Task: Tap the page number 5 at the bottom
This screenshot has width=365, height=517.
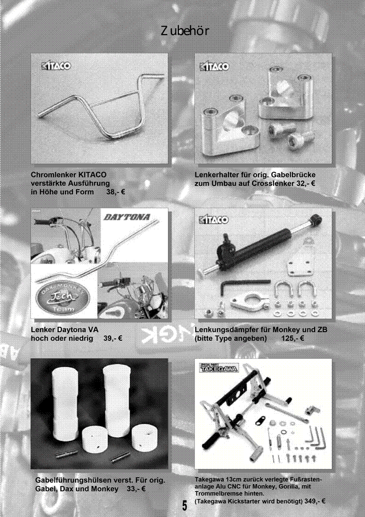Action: click(x=185, y=505)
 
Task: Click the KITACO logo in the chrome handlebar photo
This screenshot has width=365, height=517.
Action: click(x=56, y=65)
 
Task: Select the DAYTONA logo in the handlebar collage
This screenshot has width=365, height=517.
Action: click(x=127, y=217)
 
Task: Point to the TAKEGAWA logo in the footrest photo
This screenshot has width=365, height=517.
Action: click(x=219, y=368)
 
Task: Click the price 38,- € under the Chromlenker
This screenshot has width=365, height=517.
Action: click(x=115, y=192)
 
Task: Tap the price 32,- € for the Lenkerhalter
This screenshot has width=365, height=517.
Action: click(x=305, y=183)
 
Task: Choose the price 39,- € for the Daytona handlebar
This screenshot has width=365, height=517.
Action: click(x=113, y=339)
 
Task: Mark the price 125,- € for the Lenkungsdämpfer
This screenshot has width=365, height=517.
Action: click(x=293, y=339)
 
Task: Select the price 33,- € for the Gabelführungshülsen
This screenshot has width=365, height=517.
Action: click(x=136, y=489)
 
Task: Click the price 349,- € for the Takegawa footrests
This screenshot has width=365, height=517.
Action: click(x=315, y=501)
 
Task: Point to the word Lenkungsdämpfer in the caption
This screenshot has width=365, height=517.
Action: click(x=227, y=330)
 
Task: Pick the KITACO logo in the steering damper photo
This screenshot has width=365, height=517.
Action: click(x=214, y=220)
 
